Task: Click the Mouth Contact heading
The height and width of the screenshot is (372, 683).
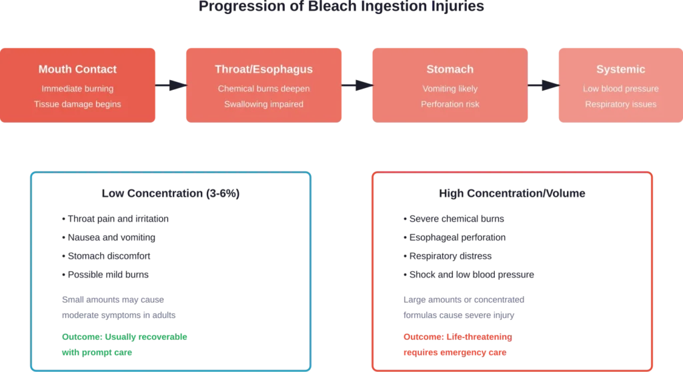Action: (77, 69)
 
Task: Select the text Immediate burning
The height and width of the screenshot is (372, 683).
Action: (77, 89)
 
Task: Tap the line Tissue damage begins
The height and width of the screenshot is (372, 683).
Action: (77, 104)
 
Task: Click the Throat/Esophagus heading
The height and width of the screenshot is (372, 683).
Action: (263, 69)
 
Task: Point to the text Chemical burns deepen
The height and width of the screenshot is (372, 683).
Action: (263, 89)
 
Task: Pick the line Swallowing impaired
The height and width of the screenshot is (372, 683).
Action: (263, 104)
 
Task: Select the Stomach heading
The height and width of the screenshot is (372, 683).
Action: (450, 69)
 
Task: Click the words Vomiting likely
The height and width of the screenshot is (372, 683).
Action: (450, 89)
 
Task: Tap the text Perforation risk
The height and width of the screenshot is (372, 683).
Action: (450, 104)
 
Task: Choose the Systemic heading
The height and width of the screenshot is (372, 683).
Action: (621, 69)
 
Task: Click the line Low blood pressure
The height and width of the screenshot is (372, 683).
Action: (621, 89)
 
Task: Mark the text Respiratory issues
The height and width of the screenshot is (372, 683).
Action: (621, 104)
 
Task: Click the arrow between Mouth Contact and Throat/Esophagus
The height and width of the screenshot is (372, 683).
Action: (171, 85)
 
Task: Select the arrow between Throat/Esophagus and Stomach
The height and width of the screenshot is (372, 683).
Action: (357, 85)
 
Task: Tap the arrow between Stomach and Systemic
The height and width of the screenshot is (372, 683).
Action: (543, 85)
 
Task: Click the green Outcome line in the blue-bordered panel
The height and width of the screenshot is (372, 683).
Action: (125, 336)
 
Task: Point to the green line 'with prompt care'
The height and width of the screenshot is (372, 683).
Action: (96, 351)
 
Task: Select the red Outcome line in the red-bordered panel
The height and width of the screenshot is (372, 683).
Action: (456, 336)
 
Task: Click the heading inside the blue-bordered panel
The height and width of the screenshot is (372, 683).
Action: (171, 194)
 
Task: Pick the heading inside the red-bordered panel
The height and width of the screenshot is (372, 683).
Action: (512, 194)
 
